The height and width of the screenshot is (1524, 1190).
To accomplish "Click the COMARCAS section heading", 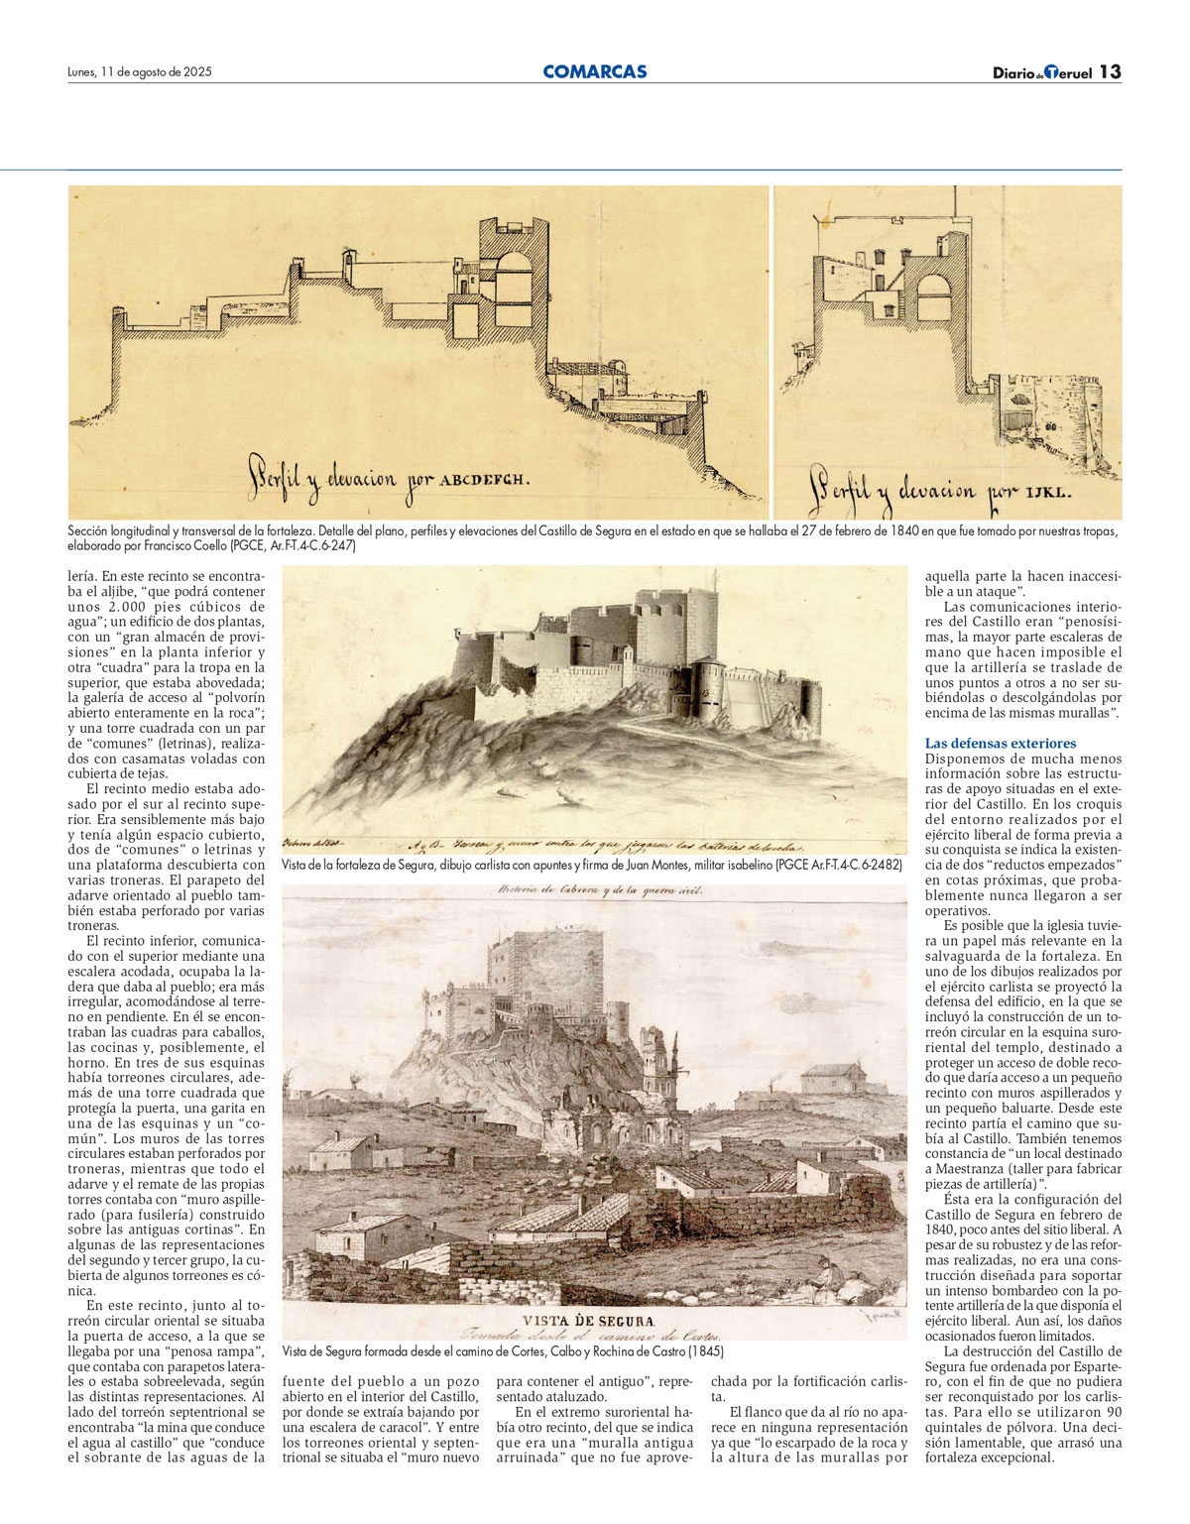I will (594, 71).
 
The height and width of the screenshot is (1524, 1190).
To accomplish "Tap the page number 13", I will (1110, 71).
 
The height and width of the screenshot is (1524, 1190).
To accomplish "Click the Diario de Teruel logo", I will (1042, 72).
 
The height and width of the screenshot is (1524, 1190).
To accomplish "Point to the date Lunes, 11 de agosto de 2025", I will (140, 71).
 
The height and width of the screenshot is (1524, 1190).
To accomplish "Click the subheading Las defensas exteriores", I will (1000, 743).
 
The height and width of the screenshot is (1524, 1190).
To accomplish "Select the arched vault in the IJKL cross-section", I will (934, 296).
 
